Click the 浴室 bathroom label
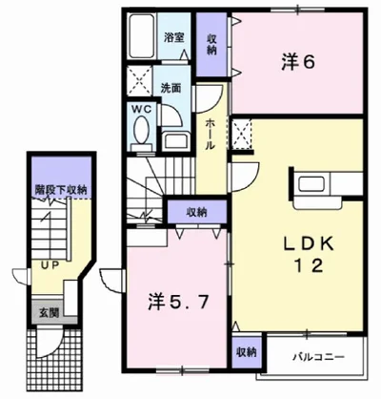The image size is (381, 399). (172, 38)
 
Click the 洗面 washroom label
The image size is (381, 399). (172, 87)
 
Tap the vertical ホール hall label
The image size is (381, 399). (209, 134)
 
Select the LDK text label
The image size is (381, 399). (295, 242)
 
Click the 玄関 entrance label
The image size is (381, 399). (45, 312)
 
